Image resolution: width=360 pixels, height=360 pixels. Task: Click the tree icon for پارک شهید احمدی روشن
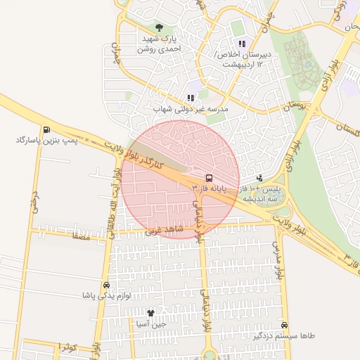pyautogui.click(x=160, y=27)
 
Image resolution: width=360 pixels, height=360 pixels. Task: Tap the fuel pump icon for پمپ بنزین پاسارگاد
pyautogui.click(x=46, y=129)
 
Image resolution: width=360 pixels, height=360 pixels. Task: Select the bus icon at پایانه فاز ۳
pyautogui.click(x=209, y=178)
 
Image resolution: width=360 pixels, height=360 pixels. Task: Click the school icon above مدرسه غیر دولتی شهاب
pyautogui.click(x=191, y=98)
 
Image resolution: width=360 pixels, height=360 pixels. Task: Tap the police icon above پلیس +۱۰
pyautogui.click(x=261, y=179)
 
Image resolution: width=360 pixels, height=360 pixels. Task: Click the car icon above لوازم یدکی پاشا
pyautogui.click(x=106, y=285)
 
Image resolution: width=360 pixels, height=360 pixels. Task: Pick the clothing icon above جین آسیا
pyautogui.click(x=150, y=313)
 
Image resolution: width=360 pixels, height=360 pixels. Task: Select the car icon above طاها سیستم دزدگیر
pyautogui.click(x=284, y=326)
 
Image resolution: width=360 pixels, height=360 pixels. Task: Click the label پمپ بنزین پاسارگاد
pyautogui.click(x=46, y=141)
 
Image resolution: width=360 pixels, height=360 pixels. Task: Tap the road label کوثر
pyautogui.click(x=67, y=347)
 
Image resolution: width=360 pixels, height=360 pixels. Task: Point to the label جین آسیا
pyautogui.click(x=150, y=324)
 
